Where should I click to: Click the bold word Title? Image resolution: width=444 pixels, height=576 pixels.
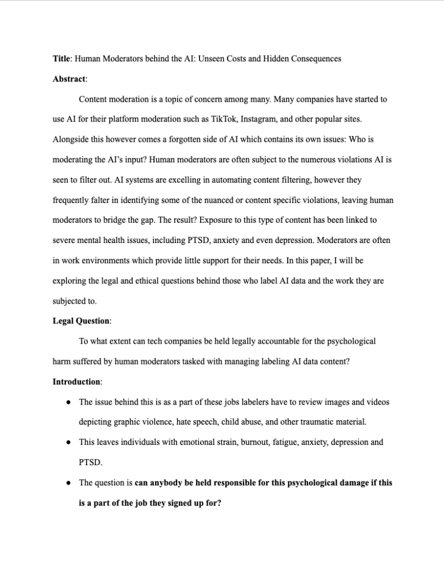[x=61, y=58]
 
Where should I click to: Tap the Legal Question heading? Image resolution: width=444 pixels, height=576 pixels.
[x=81, y=321]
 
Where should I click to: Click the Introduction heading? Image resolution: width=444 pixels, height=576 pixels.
[x=77, y=382]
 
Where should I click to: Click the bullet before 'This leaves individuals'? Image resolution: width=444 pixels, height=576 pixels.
[x=68, y=442]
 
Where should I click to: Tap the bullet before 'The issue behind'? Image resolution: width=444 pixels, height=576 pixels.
[x=68, y=402]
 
